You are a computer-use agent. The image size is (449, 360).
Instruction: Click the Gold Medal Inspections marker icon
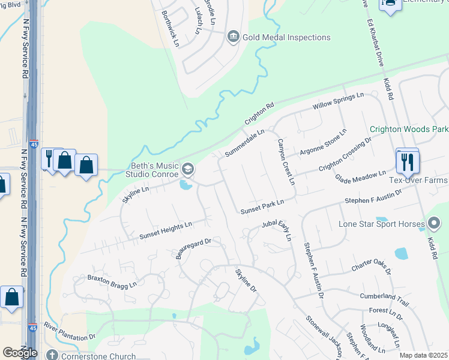click(x=233, y=37)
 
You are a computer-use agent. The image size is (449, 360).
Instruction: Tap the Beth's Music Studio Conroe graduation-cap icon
click(x=188, y=170)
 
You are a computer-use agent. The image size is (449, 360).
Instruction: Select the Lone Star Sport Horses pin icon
click(x=435, y=224)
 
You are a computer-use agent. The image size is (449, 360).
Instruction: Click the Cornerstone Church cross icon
click(x=52, y=356)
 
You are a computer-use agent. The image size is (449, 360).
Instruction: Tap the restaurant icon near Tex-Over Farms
click(x=408, y=161)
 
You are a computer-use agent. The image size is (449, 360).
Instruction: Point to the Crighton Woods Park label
click(x=409, y=129)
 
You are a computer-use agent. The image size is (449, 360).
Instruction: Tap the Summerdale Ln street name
click(x=244, y=143)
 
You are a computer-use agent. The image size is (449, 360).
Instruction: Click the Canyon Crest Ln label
click(x=285, y=162)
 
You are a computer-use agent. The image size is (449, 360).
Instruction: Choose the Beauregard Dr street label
click(x=194, y=247)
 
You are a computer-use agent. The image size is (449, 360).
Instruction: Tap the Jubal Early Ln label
click(x=276, y=229)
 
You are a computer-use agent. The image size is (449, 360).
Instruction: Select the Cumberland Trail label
click(x=384, y=296)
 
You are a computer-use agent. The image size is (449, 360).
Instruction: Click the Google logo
click(x=20, y=353)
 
